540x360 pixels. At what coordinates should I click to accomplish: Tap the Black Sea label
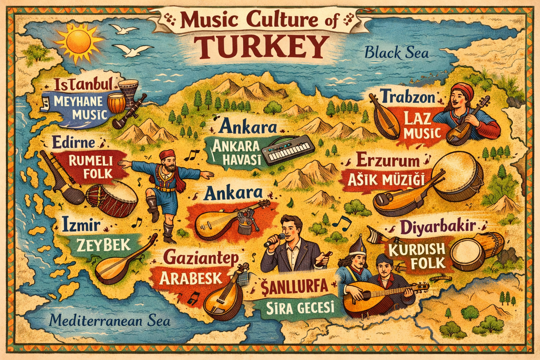coord(397,53)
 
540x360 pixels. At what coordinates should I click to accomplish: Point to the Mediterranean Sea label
coord(110,321)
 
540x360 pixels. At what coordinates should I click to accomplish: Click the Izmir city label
coord(82,225)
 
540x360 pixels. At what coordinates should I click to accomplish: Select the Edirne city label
coord(73,142)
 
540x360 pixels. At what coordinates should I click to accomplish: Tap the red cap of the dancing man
coord(167,154)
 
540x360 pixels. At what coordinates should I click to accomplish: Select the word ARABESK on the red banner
coord(191,278)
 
